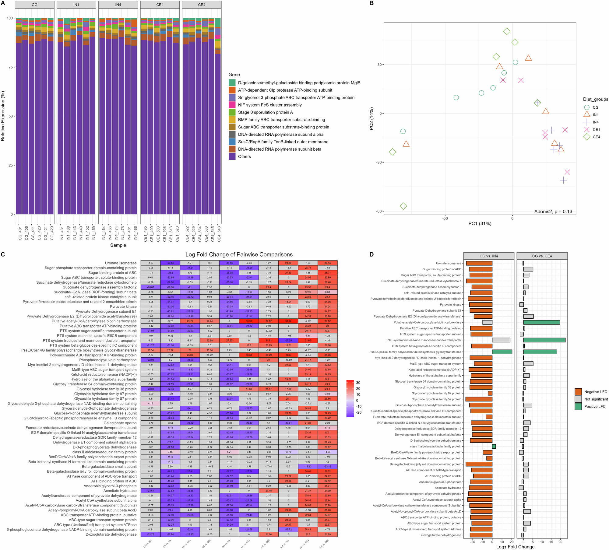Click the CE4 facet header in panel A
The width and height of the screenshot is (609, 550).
202,5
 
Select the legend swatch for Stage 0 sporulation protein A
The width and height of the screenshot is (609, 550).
232,112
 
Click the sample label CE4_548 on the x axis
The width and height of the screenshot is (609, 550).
219,234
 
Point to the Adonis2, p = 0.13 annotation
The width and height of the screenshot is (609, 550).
553,212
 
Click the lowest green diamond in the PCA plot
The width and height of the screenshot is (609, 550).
403,206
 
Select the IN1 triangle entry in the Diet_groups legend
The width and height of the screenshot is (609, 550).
587,115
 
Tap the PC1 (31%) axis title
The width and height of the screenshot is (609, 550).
480,223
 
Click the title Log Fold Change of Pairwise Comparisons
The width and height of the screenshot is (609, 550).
239,254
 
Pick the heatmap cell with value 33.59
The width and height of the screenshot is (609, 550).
249,321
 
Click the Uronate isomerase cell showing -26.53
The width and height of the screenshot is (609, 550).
170,263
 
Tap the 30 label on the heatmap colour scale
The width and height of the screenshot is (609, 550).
358,383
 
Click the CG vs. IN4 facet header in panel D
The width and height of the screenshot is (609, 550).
488,256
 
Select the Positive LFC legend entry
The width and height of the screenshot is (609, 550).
595,406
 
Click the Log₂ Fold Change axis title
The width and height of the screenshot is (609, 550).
515,547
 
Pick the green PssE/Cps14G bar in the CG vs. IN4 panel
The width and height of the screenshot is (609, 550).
502,352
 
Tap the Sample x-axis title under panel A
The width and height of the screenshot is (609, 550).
118,245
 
